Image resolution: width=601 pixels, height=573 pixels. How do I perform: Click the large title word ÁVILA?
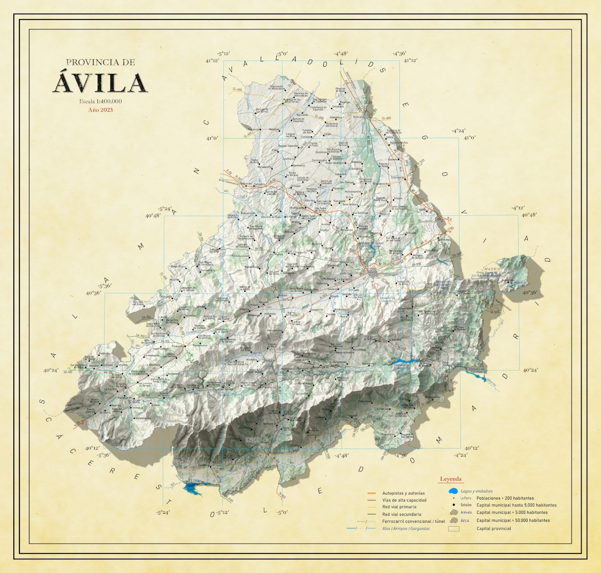pyautogui.click(x=100, y=83)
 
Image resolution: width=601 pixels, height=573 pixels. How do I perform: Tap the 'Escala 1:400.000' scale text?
pyautogui.click(x=100, y=101)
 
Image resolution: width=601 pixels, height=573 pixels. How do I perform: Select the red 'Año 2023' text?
pyautogui.click(x=100, y=110)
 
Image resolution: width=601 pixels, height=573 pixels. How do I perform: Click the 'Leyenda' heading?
pyautogui.click(x=451, y=479)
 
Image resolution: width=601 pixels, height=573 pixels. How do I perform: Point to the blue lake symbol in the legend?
pyautogui.click(x=453, y=491)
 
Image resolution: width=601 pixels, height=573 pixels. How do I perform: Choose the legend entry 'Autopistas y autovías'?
pyautogui.click(x=403, y=493)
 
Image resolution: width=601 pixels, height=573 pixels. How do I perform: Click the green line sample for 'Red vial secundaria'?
pyautogui.click(x=371, y=514)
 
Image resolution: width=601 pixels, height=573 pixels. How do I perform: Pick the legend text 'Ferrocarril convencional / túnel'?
pyautogui.click(x=414, y=521)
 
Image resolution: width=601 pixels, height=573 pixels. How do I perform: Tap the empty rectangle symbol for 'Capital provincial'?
pyautogui.click(x=453, y=529)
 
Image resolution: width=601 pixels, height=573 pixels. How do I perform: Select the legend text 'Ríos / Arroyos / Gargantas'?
pyautogui.click(x=406, y=529)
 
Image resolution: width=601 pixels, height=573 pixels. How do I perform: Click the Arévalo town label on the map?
pyautogui.click(x=359, y=117)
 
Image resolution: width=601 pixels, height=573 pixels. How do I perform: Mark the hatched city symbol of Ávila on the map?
pyautogui.click(x=372, y=272)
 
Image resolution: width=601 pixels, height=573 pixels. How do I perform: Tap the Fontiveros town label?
pyautogui.click(x=289, y=159)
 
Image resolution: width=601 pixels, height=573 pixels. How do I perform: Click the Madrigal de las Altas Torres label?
pyautogui.click(x=292, y=100)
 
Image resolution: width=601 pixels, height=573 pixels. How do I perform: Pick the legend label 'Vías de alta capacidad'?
pyautogui.click(x=404, y=500)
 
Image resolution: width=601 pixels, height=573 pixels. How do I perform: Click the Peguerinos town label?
pyautogui.click(x=508, y=280)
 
